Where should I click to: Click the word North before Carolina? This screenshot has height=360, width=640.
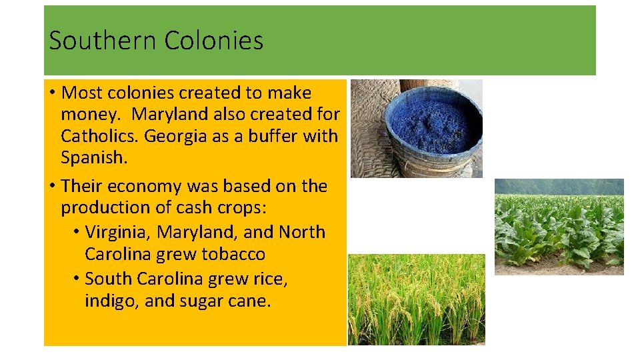pyautogui.click(x=302, y=232)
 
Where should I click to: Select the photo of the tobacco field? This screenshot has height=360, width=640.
pyautogui.click(x=559, y=227)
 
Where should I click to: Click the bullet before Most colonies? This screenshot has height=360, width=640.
pyautogui.click(x=51, y=93)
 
